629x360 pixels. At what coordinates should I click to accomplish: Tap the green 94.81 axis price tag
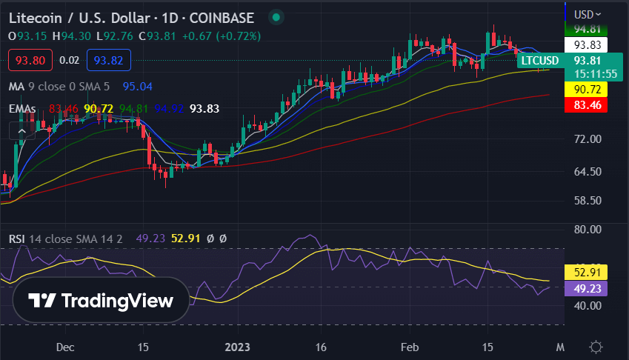click(x=587, y=30)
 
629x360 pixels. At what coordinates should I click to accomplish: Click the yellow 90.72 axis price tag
click(x=587, y=90)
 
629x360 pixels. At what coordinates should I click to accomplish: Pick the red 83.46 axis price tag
click(x=587, y=105)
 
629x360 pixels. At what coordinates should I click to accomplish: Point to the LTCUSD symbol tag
click(x=539, y=60)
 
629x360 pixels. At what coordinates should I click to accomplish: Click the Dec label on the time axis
click(x=64, y=347)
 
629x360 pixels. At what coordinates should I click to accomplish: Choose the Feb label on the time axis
click(x=408, y=347)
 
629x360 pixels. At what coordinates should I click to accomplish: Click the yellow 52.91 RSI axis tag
click(x=586, y=272)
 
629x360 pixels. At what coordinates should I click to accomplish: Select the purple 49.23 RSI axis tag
click(x=586, y=288)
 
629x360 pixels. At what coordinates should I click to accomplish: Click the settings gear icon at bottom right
click(x=596, y=347)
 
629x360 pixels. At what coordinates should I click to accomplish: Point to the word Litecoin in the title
click(x=34, y=17)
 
